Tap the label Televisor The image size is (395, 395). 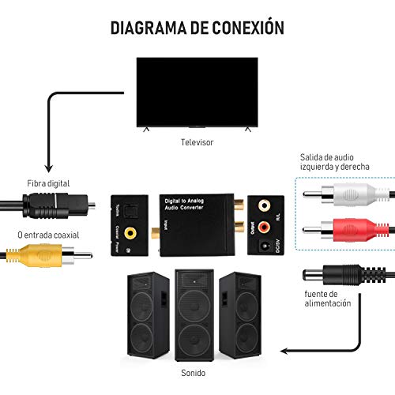tap(197, 142)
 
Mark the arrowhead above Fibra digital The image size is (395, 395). tap(48, 168)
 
